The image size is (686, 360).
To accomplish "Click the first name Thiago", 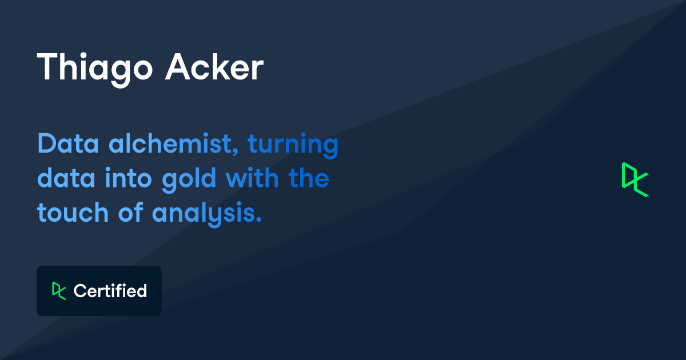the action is pos(95,70).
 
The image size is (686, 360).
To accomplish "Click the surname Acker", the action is pos(214,66).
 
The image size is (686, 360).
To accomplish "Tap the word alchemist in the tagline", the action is pos(173,143).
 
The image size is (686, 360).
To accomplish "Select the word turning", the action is pos(293,145).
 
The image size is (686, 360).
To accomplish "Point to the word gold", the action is pos(189,180).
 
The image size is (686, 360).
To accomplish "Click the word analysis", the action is pos(207,214).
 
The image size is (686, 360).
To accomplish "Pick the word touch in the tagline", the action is pos(73,212).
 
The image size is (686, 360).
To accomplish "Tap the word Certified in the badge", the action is pos(110,290).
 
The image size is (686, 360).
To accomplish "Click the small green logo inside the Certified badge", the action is pos(59,290).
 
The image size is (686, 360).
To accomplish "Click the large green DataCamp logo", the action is pos(635,179).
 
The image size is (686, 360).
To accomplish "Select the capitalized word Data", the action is pos(68,143).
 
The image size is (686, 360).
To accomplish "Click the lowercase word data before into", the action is pos(66,178).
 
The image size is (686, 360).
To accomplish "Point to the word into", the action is pos(128,178).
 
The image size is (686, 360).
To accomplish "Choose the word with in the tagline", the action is pos(252,178).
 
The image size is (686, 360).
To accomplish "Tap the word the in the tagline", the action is pos(309,178).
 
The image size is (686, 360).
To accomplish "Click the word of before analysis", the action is pos(131,211).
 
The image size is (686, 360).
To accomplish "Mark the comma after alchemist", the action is pos(235,151).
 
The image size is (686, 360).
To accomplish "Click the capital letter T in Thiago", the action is pos(46,66).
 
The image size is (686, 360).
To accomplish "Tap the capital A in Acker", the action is pos(178,66).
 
